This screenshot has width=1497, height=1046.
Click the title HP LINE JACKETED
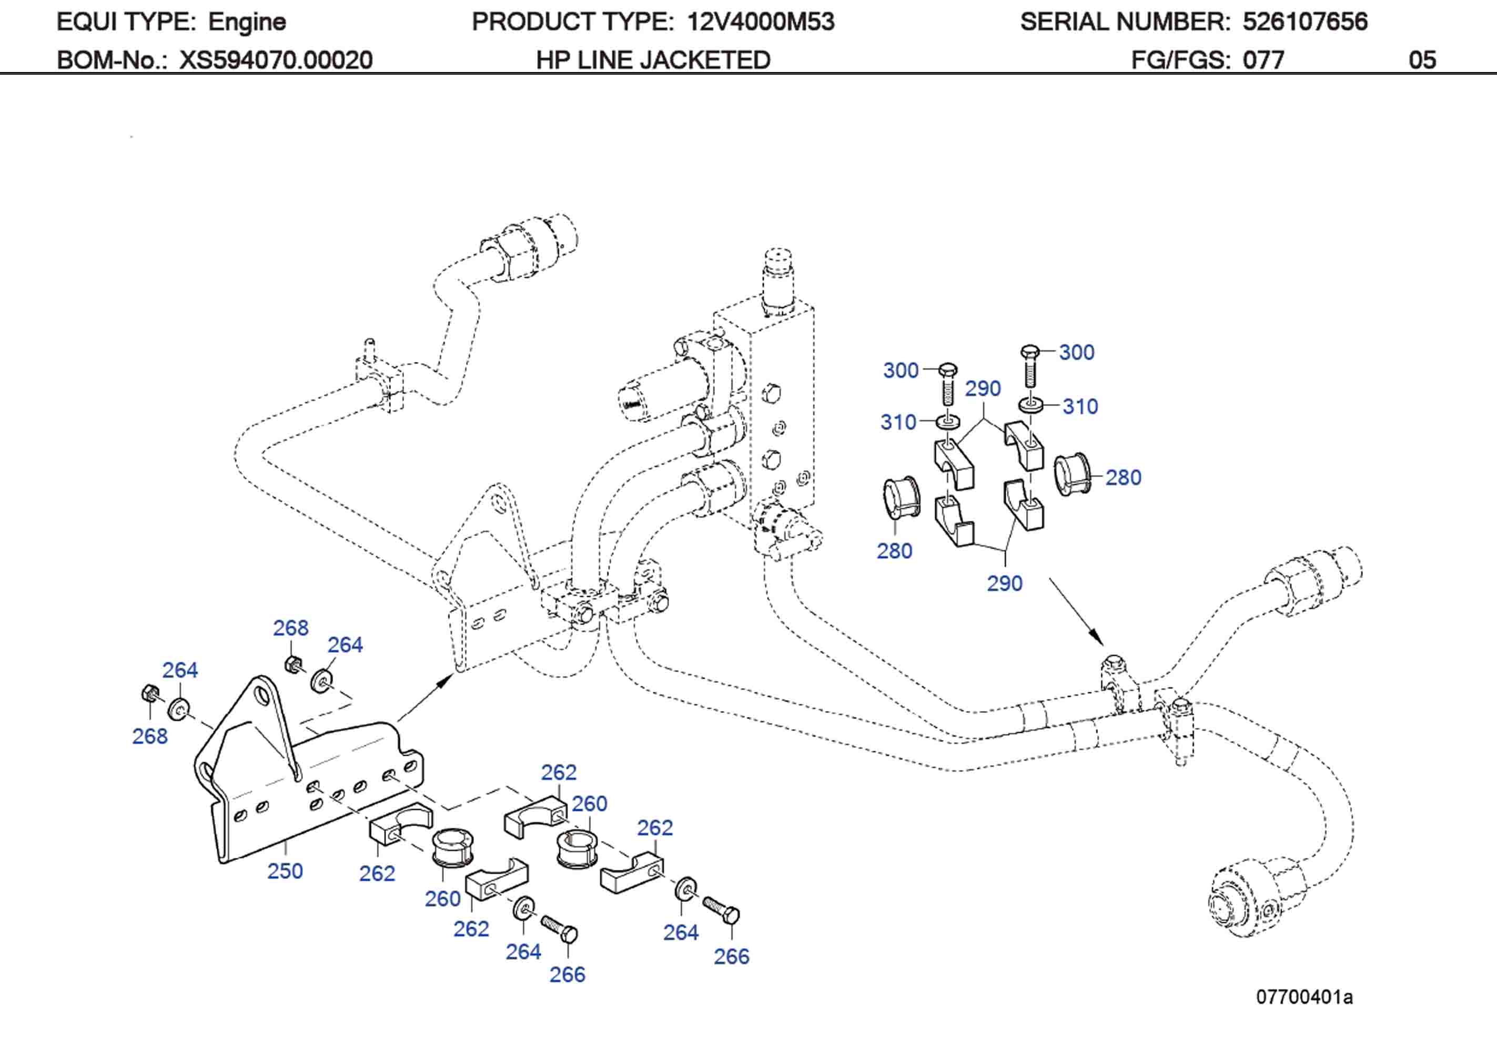(x=653, y=60)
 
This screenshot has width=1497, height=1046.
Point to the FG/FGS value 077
(x=1263, y=60)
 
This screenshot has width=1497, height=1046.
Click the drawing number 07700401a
(x=1304, y=997)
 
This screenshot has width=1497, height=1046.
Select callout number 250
(x=285, y=870)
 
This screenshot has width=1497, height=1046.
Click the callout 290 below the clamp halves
(x=1004, y=582)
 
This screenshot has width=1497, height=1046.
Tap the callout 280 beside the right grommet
(x=1122, y=477)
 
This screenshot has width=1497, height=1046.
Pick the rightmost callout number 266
(x=731, y=956)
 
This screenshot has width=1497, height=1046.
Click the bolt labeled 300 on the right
(x=1029, y=367)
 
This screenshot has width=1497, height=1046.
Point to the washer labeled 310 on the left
(x=949, y=421)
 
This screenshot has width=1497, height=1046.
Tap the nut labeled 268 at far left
(x=148, y=693)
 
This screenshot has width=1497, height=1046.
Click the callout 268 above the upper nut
(x=290, y=628)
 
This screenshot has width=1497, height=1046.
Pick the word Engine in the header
(x=247, y=22)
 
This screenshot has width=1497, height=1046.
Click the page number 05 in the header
(x=1422, y=60)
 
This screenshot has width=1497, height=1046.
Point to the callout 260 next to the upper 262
(x=590, y=804)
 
